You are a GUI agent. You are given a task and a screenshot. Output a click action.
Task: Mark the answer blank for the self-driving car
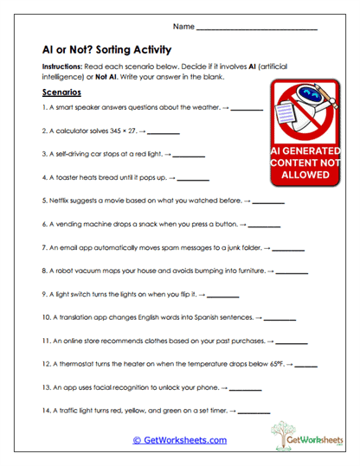(x=190, y=156)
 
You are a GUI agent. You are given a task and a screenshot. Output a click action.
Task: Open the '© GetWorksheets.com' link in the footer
(x=179, y=440)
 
